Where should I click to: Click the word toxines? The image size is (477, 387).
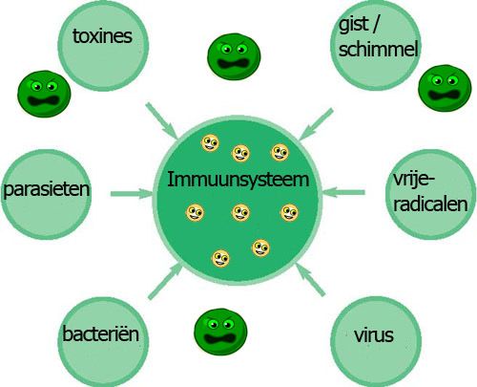coord(102,36)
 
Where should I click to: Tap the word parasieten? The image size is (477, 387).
coord(47,189)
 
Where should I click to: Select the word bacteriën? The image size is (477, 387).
coord(101,333)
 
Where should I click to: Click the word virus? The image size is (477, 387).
coord(374,334)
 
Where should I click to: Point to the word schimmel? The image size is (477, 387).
coord(379,50)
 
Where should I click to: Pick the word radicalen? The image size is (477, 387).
coord(430,204)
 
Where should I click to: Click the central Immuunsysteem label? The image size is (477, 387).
coord(238,181)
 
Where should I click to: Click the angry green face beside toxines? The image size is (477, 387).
coord(44,94)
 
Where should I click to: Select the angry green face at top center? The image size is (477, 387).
coord(234,56)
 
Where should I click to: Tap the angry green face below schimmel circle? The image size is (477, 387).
coord(445,88)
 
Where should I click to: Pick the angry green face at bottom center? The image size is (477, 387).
coord(220,332)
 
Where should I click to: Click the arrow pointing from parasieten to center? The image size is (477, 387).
coord(132,193)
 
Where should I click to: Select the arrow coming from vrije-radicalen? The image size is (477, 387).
coord(343,192)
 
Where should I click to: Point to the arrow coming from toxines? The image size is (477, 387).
coord(162,121)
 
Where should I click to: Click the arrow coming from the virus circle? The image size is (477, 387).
coord(310,279)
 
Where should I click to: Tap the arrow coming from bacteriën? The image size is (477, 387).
coord(165,282)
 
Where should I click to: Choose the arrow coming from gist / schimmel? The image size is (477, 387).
coord(316,124)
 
